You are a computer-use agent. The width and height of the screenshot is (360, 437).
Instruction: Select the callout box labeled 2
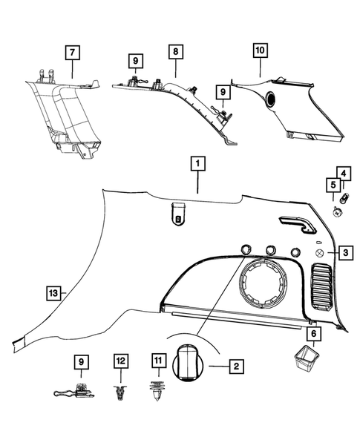(x=235, y=366)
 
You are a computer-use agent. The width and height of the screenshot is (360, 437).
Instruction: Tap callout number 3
(x=347, y=254)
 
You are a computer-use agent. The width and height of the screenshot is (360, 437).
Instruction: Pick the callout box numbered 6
(x=313, y=335)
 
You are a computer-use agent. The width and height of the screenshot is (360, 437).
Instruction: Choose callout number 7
(x=72, y=53)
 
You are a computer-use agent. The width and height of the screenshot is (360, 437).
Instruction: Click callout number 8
(x=175, y=53)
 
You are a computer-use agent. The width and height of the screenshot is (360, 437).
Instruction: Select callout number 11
(x=157, y=361)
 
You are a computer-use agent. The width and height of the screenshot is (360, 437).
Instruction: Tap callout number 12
(x=120, y=361)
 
